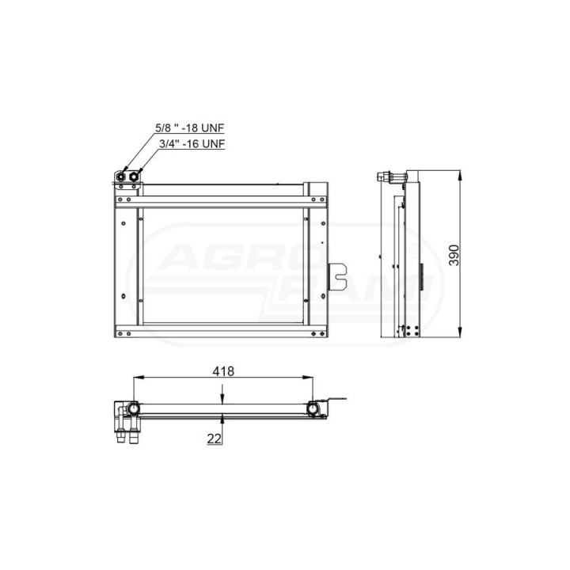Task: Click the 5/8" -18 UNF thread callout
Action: pos(190,128)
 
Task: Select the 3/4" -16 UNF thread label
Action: pos(192,143)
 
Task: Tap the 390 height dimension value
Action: pos(454,255)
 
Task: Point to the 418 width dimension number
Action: pos(223,371)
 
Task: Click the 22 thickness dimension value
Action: pos(214,439)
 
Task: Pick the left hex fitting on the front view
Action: pos(121,177)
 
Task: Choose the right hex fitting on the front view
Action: pos(134,177)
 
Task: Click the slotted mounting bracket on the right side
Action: pos(337,277)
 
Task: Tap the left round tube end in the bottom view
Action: pos(134,409)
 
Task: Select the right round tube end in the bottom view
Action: pos(312,409)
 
